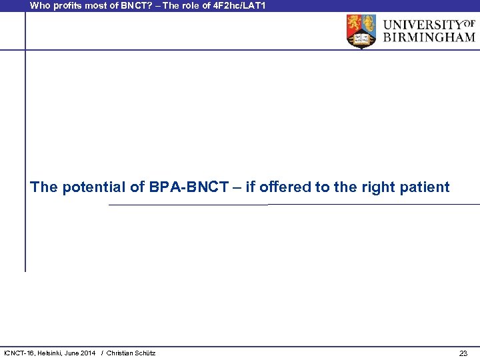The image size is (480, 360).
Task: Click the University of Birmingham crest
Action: [361, 31]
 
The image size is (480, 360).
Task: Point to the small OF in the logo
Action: [469, 23]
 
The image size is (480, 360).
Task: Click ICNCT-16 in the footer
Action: [21, 353]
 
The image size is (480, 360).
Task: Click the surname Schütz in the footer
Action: [143, 353]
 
